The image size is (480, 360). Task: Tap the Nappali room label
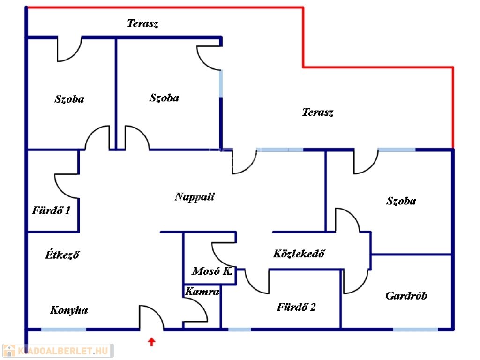pyautogui.click(x=195, y=196)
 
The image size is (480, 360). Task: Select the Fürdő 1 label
pyautogui.click(x=51, y=210)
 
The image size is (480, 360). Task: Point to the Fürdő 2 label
pyautogui.click(x=296, y=307)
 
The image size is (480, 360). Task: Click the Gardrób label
pyautogui.click(x=406, y=296)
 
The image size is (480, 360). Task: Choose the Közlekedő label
pyautogui.click(x=299, y=254)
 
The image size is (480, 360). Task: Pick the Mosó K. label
pyautogui.click(x=212, y=271)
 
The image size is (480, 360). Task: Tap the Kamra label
pyautogui.click(x=202, y=292)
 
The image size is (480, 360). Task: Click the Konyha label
pyautogui.click(x=69, y=310)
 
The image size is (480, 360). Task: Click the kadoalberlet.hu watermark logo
pyautogui.click(x=58, y=351)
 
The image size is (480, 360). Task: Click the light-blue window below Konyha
pyautogui.click(x=63, y=329)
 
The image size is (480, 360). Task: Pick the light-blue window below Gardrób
pyautogui.click(x=415, y=329)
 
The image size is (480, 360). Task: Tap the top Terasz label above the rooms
pyautogui.click(x=142, y=24)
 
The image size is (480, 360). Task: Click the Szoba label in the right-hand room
pyautogui.click(x=401, y=201)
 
